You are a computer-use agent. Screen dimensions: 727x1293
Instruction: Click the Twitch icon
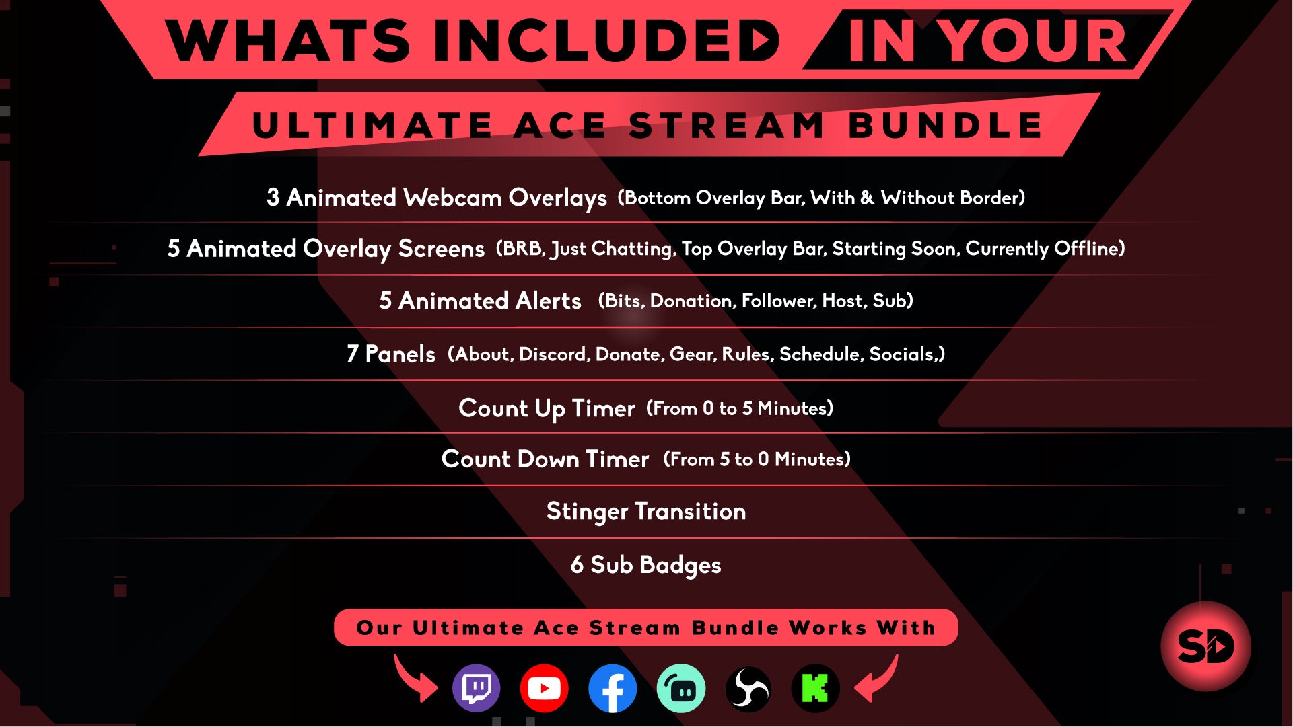click(477, 688)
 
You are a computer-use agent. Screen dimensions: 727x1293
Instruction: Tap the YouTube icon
click(544, 688)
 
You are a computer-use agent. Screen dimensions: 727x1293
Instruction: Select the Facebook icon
click(613, 688)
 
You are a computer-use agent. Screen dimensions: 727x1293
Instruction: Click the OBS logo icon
click(748, 688)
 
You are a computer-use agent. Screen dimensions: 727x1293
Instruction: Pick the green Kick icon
click(815, 688)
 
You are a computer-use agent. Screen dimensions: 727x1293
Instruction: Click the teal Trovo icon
click(681, 688)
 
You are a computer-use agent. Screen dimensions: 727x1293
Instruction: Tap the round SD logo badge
click(1205, 646)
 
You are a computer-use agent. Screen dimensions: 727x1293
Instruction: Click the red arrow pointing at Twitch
click(415, 679)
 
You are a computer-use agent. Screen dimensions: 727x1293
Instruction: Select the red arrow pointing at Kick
click(876, 679)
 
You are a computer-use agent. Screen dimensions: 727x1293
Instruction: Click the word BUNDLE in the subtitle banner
click(945, 126)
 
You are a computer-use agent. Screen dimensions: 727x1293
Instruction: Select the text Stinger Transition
click(646, 512)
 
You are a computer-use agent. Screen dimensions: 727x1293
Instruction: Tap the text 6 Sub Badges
click(646, 565)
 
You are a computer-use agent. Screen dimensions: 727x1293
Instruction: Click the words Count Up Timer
click(547, 408)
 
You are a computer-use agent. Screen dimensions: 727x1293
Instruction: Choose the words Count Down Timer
click(545, 459)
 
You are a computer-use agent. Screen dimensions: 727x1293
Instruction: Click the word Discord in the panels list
click(555, 354)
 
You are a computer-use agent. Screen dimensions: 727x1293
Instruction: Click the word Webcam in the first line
click(452, 198)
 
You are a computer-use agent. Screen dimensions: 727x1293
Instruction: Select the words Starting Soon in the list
click(895, 249)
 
